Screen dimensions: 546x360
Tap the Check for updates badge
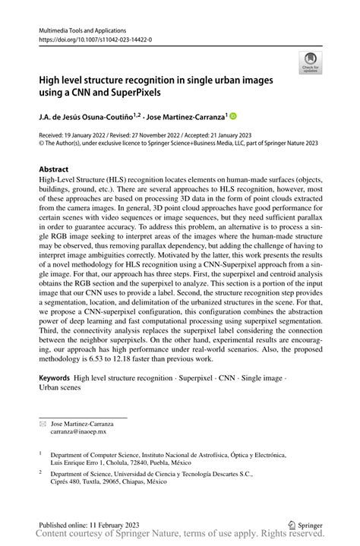[311, 64]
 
